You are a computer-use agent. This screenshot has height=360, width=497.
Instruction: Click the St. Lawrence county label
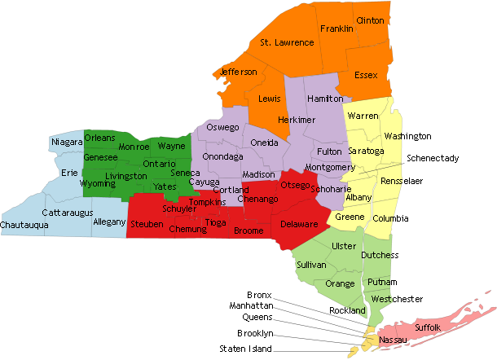287,42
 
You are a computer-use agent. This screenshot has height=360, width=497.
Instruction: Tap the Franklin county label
336,29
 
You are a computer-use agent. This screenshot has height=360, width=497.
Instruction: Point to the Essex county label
366,76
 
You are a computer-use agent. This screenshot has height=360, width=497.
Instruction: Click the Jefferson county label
239,72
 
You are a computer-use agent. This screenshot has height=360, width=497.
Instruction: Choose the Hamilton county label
326,99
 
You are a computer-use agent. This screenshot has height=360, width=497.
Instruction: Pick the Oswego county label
223,128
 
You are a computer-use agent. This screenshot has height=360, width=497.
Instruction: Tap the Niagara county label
67,143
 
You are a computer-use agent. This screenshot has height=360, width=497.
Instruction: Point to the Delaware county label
299,223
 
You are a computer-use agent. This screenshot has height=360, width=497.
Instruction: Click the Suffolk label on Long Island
428,327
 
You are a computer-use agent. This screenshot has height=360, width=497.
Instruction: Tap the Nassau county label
393,339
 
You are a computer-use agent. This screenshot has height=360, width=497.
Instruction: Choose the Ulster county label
345,246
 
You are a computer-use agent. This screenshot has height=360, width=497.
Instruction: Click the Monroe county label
134,147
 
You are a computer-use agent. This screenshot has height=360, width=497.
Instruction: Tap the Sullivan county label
311,266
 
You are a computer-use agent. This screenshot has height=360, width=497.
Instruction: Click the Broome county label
248,231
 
